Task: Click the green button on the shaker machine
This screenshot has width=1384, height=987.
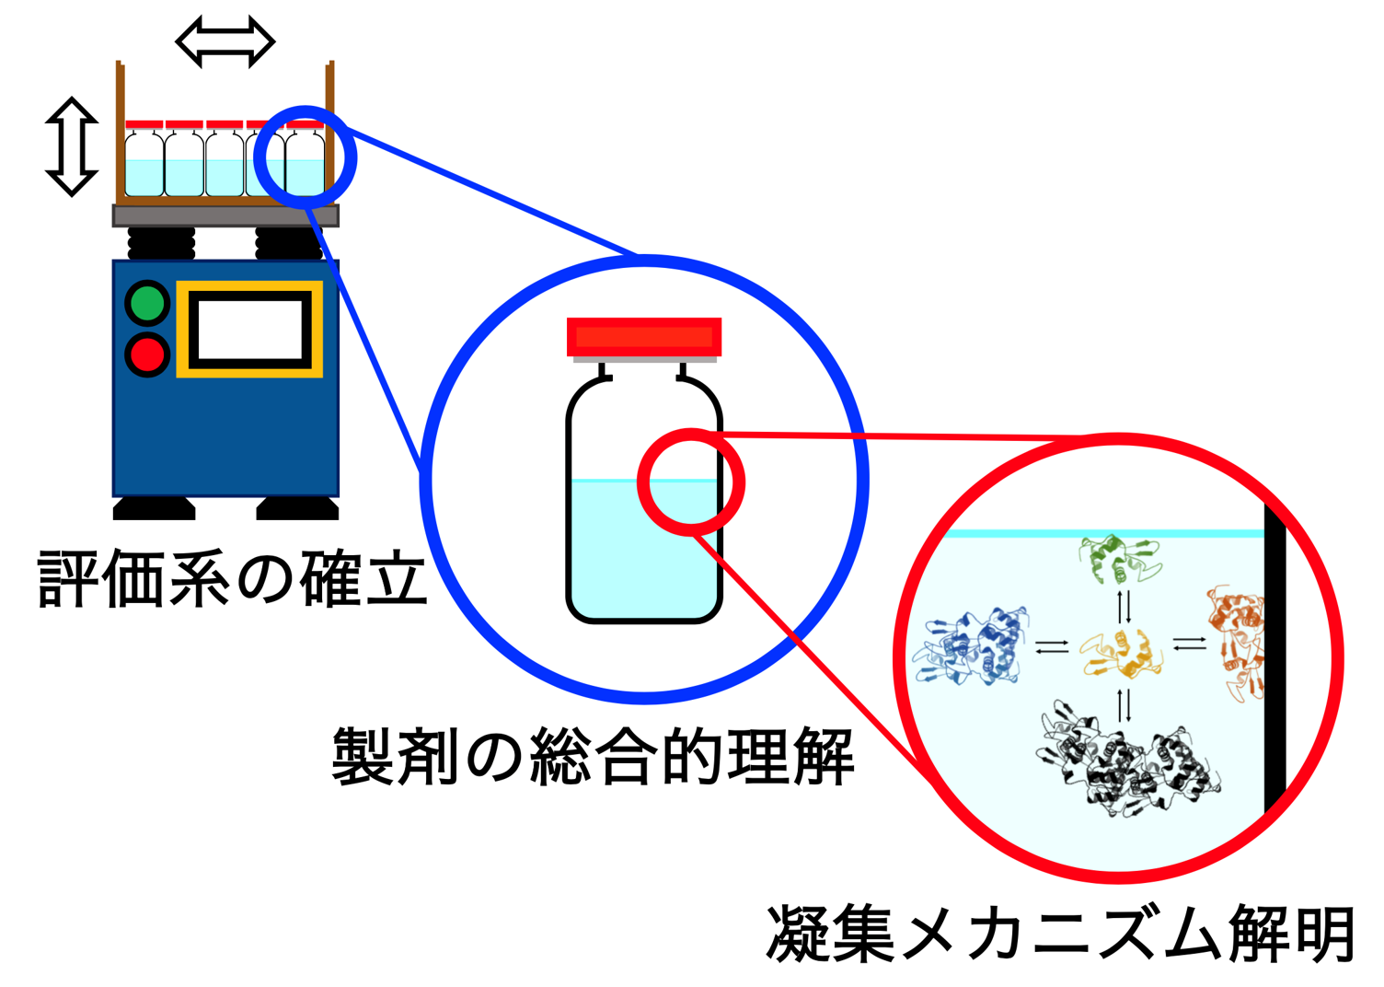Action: [147, 303]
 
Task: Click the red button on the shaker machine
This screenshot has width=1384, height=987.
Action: [147, 354]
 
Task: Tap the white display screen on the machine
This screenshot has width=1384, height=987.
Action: [250, 329]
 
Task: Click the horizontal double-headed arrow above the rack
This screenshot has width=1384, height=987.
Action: [225, 41]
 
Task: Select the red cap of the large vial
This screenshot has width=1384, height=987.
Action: [643, 337]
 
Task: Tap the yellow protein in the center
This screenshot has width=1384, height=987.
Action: [1121, 653]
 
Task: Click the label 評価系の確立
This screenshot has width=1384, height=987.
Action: [232, 580]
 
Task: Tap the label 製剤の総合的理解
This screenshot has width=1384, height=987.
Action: [593, 756]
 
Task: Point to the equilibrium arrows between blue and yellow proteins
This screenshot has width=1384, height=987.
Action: [1052, 647]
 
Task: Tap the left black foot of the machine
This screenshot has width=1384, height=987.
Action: [154, 508]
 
